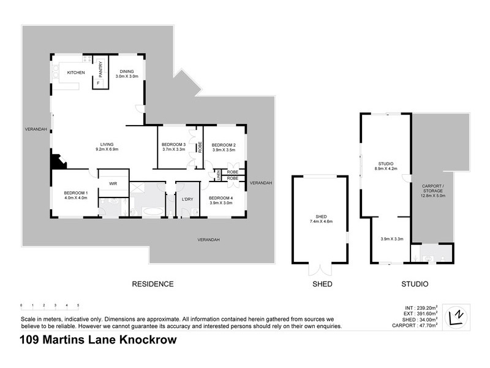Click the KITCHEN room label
[x=75, y=72]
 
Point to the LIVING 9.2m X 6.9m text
[x=107, y=147]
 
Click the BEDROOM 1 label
[x=75, y=195]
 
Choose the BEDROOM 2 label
[x=224, y=147]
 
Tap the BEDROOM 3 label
[x=174, y=147]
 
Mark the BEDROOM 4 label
[x=220, y=200]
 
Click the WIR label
[x=113, y=183]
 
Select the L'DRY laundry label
[x=188, y=199]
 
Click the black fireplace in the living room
[x=58, y=161]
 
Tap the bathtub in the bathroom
[x=153, y=212]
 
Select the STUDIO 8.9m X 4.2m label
[x=385, y=166]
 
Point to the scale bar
[x=49, y=305]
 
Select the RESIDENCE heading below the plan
[x=153, y=284]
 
